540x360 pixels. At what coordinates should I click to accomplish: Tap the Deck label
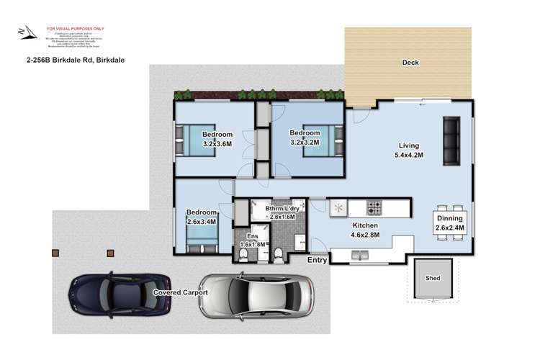pos(410,63)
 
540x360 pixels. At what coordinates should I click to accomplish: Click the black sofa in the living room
pos(451,140)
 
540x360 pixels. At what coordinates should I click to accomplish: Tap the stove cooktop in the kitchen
pos(375,207)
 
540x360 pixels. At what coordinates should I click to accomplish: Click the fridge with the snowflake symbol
pos(338,208)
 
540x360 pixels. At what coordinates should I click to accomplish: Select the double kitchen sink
pos(359,254)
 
